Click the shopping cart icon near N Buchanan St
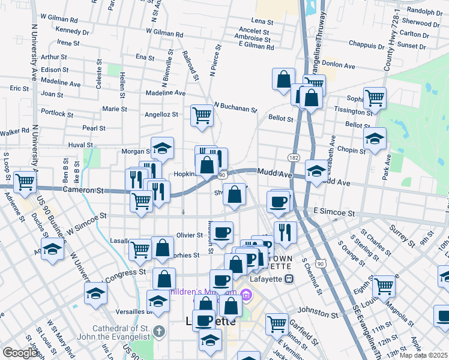point(202,115)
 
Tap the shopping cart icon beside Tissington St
point(375,97)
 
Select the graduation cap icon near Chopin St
point(375,140)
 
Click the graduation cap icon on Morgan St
point(161,148)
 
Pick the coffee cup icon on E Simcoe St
point(278,202)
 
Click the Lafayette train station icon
point(289,278)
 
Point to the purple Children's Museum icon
point(246,295)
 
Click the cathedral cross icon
point(158,331)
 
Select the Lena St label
point(262,21)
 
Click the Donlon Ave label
point(340,62)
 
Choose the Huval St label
point(80,145)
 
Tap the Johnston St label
point(313,313)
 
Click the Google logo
point(20,353)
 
